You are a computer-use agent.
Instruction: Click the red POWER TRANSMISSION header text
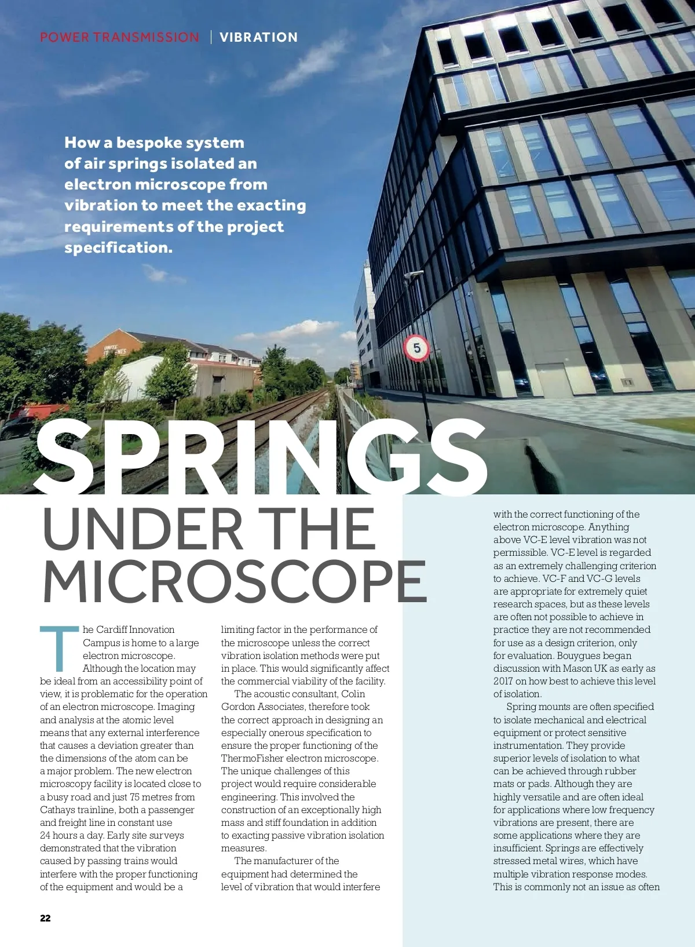119,38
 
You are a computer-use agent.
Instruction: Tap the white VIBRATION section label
258,38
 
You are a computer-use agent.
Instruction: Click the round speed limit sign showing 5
416,348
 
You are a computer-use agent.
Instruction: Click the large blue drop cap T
59,648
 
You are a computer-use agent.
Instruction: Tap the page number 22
45,918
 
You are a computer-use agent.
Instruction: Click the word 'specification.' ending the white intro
119,248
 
